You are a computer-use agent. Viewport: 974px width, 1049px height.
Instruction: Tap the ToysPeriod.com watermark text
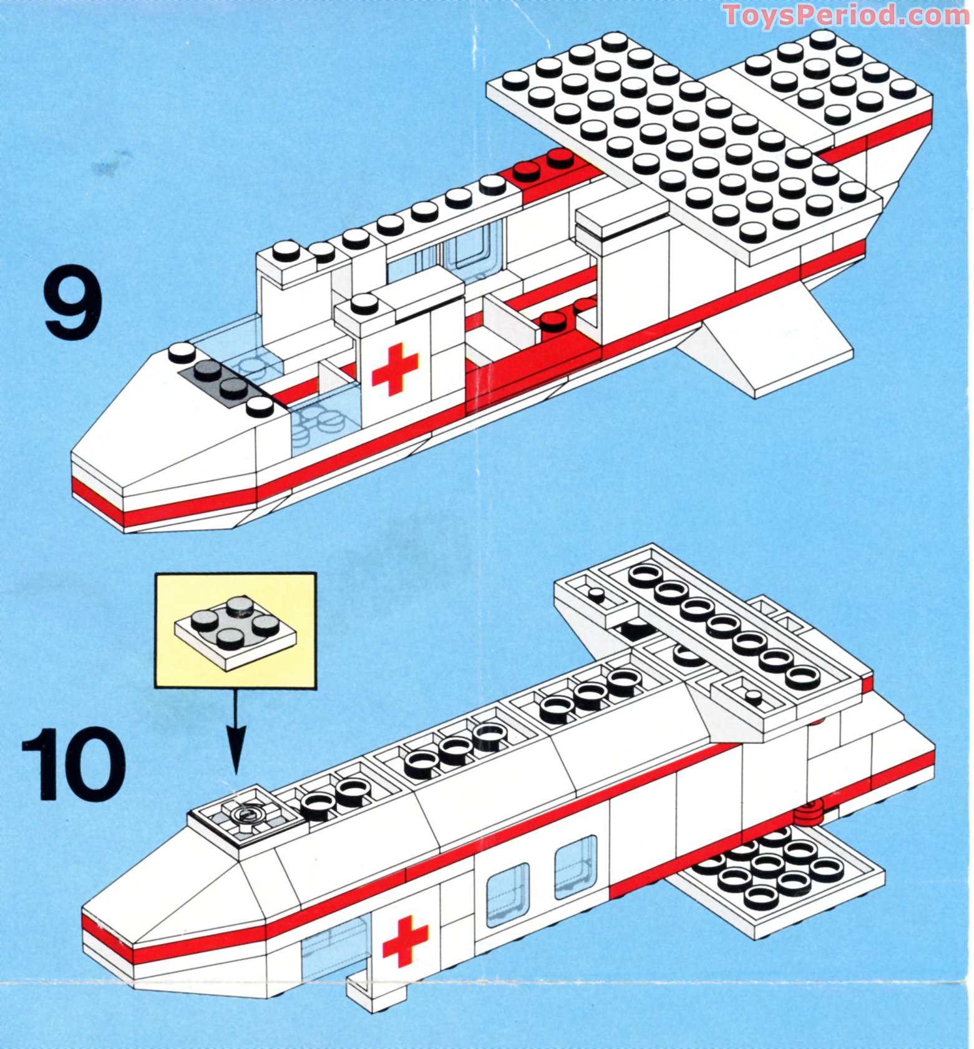(x=846, y=15)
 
